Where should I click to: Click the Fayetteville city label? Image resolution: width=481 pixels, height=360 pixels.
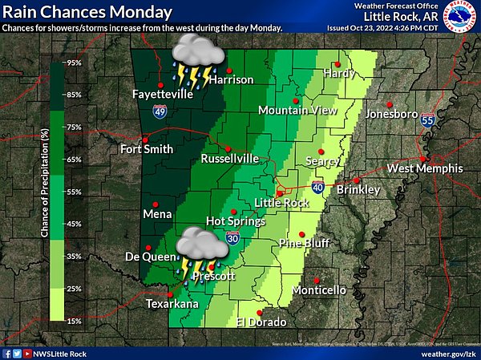pyautogui.click(x=163, y=95)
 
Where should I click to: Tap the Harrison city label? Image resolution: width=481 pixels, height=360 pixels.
pyautogui.click(x=232, y=80)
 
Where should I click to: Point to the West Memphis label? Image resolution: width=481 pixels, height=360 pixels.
pyautogui.click(x=425, y=168)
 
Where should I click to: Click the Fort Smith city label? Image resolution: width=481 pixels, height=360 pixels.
pyautogui.click(x=146, y=149)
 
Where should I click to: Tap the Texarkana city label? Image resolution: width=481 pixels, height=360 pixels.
pyautogui.click(x=171, y=305)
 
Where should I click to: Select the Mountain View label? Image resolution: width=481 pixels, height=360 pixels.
pyautogui.click(x=295, y=111)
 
